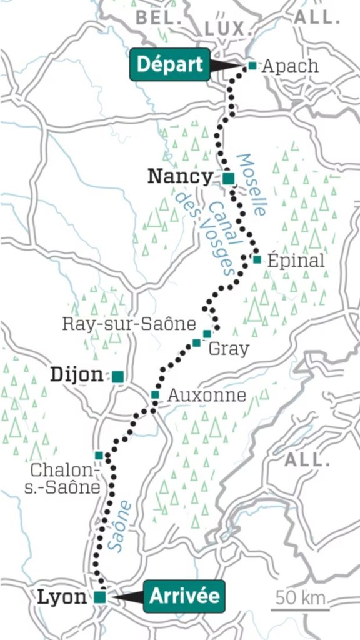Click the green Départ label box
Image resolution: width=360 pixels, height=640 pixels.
[170, 65]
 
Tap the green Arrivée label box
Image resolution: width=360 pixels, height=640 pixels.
[184, 596]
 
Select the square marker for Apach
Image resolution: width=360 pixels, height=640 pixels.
[252, 65]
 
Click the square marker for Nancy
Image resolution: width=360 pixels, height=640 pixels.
[228, 178]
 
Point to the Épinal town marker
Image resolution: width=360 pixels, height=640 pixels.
[257, 259]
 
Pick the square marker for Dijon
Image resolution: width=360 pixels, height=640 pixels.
[117, 376]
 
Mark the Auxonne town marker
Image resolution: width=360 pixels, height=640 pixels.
[155, 394]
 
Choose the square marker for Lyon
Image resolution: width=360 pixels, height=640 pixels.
[100, 597]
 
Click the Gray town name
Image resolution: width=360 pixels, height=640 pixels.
[227, 349]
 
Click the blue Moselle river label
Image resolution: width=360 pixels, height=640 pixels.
[252, 184]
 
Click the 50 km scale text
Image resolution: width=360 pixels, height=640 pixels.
[301, 597]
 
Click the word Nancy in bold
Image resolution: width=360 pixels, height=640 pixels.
[180, 177]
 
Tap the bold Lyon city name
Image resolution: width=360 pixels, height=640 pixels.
[62, 597]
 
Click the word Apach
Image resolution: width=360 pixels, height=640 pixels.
[290, 66]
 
